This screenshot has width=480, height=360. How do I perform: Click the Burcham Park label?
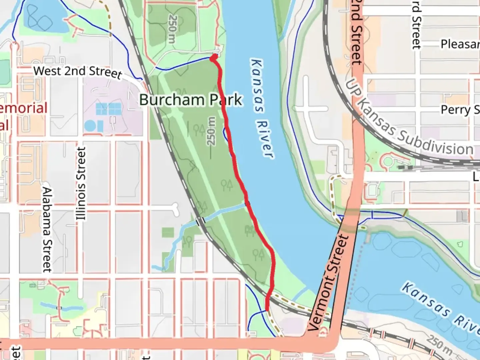click(191, 100)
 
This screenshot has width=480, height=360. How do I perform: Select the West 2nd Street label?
click(78, 72)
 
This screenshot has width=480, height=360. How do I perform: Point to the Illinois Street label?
click(81, 184)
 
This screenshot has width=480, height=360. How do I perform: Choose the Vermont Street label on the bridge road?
click(328, 283)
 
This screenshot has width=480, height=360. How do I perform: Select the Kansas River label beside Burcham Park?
click(262, 108)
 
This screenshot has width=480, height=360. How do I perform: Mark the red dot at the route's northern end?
click(213, 58)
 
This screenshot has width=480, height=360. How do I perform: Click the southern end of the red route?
click(267, 309)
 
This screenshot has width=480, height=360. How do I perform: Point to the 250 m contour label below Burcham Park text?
click(211, 131)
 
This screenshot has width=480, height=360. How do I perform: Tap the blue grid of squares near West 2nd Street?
click(108, 109)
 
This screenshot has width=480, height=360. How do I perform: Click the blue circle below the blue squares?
click(89, 126)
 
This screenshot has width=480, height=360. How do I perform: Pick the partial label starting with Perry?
click(460, 110)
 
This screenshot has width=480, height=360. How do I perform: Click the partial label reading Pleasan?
click(460, 44)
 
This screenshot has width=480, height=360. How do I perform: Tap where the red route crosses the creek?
click(247, 204)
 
